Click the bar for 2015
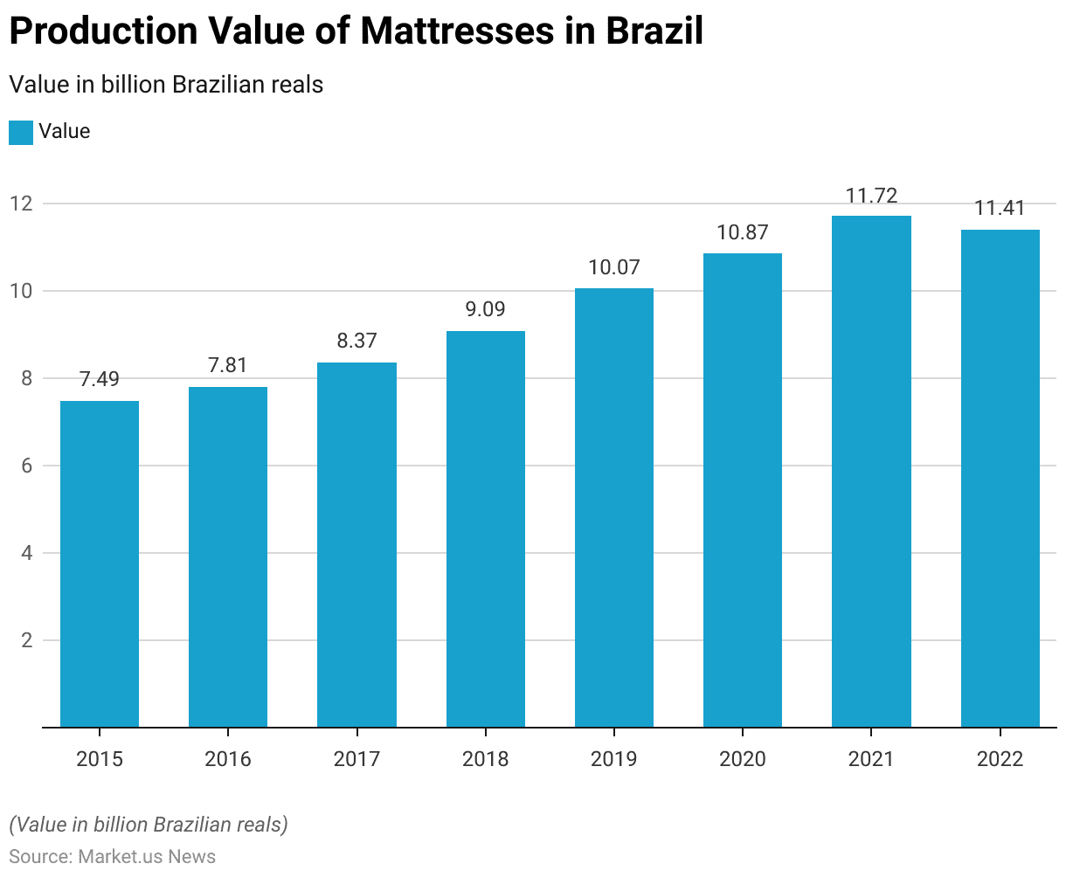click(x=100, y=563)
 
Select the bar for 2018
click(x=486, y=528)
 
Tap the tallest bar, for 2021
click(x=871, y=472)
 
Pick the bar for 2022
click(x=1000, y=479)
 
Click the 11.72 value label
click(x=871, y=195)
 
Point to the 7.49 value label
click(x=100, y=379)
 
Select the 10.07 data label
click(x=614, y=267)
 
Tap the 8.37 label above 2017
click(x=356, y=341)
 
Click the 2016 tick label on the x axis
click(x=228, y=759)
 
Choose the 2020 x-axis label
click(x=743, y=759)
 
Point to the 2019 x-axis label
click(x=614, y=759)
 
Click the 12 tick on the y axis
click(x=21, y=204)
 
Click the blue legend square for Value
click(x=21, y=133)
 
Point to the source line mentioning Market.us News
click(x=112, y=856)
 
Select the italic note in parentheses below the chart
click(x=149, y=825)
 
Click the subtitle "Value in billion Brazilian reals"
click(x=166, y=85)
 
